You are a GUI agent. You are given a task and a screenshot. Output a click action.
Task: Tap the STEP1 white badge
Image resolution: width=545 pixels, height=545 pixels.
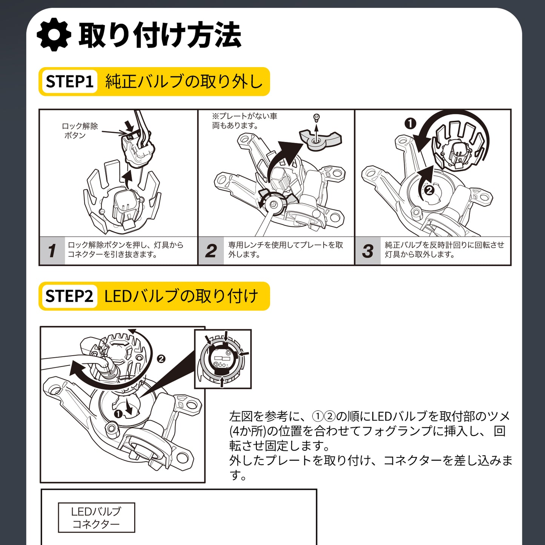tap(69, 81)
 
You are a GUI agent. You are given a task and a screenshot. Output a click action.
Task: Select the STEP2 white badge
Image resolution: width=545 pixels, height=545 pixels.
tap(69, 296)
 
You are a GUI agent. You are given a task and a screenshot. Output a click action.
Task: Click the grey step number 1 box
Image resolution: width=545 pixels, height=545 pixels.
tap(52, 250)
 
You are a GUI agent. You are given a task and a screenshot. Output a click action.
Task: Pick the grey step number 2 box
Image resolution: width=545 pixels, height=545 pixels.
tap(211, 250)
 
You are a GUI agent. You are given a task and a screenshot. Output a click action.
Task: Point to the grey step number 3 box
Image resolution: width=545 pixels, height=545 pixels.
tap(368, 250)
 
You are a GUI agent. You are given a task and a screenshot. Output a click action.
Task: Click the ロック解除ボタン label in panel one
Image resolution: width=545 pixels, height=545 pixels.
tap(80, 130)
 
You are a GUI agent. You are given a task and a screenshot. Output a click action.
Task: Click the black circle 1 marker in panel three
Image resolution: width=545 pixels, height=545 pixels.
tap(410, 124)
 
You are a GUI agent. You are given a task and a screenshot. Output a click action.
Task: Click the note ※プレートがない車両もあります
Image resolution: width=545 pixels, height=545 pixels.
tap(245, 120)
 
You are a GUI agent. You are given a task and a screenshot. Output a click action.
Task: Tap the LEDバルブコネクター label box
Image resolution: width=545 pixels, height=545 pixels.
tap(97, 517)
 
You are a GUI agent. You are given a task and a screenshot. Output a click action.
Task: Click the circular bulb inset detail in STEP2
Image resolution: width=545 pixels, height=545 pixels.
tap(223, 359)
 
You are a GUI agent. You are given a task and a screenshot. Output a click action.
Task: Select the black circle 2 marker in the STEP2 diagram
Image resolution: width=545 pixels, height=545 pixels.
tap(161, 359)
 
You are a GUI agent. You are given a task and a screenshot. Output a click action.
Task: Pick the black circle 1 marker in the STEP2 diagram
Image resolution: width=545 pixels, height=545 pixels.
tap(118, 414)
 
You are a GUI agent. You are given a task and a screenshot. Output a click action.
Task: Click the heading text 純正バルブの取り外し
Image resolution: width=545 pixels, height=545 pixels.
tap(184, 81)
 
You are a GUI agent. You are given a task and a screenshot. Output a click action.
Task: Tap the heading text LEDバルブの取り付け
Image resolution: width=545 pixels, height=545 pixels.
tap(181, 296)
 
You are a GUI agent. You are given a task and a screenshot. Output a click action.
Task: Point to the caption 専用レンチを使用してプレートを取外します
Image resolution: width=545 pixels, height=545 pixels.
tap(286, 249)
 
